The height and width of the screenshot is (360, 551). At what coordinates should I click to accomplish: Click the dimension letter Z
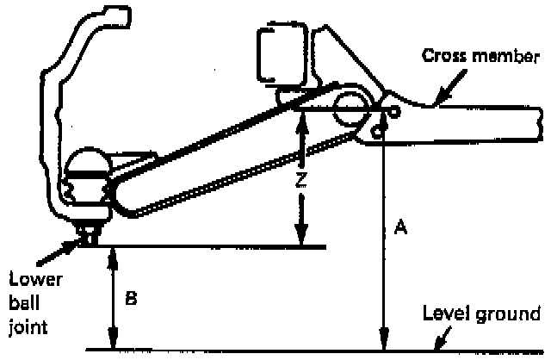[300, 181]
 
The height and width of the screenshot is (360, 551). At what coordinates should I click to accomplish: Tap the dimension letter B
[130, 299]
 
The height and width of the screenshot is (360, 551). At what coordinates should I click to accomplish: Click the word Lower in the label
[29, 278]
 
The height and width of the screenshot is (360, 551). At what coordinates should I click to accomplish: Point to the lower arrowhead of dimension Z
[300, 239]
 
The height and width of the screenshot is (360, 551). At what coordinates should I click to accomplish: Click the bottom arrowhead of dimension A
[382, 344]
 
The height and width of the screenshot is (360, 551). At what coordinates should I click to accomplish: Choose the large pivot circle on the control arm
[351, 109]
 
